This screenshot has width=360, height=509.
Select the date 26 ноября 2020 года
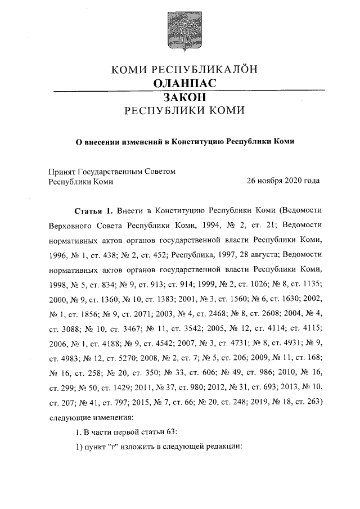click(x=283, y=181)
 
